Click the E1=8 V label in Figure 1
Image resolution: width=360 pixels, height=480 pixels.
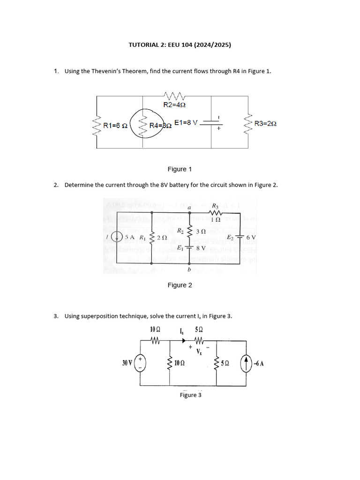click(x=186, y=122)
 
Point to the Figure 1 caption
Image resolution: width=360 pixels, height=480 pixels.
click(x=180, y=169)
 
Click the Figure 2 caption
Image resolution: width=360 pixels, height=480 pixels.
click(x=180, y=285)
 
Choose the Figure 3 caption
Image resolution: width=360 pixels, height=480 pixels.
click(x=191, y=395)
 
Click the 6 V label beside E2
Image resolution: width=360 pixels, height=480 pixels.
click(x=251, y=237)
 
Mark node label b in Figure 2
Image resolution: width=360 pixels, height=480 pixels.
click(x=189, y=270)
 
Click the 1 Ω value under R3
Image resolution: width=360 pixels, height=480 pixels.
click(x=216, y=219)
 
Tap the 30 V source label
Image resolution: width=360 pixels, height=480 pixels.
click(x=127, y=363)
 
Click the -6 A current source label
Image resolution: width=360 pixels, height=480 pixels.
click(x=258, y=363)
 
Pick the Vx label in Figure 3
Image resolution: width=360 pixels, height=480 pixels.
click(x=199, y=351)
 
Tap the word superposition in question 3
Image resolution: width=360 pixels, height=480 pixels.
click(x=98, y=316)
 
